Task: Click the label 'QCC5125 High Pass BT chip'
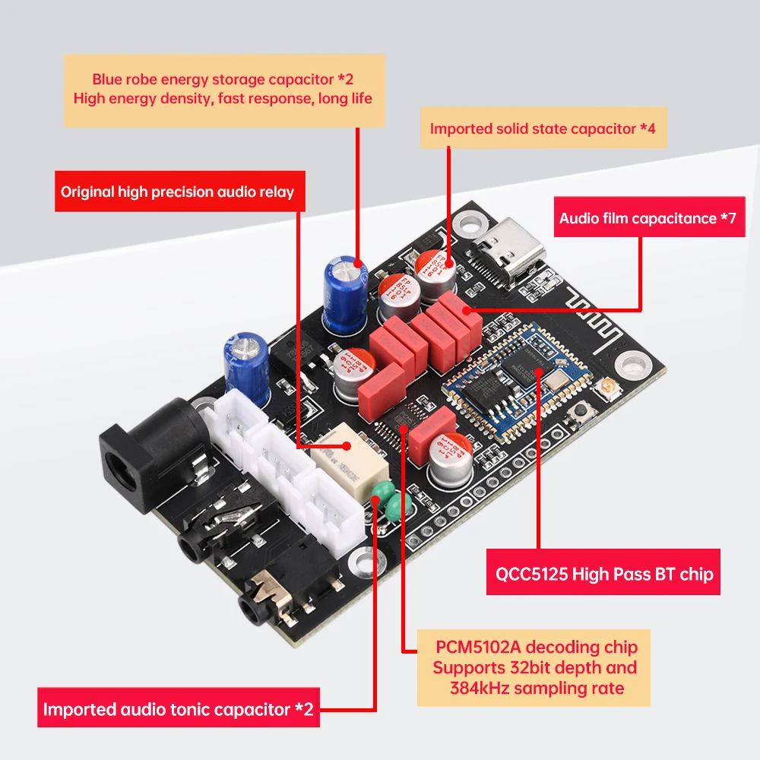[603, 573]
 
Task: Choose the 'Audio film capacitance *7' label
[648, 218]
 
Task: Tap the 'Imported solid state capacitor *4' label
[543, 128]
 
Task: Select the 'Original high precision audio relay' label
[177, 192]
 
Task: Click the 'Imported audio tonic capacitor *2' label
[178, 709]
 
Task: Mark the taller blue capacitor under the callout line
[347, 293]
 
